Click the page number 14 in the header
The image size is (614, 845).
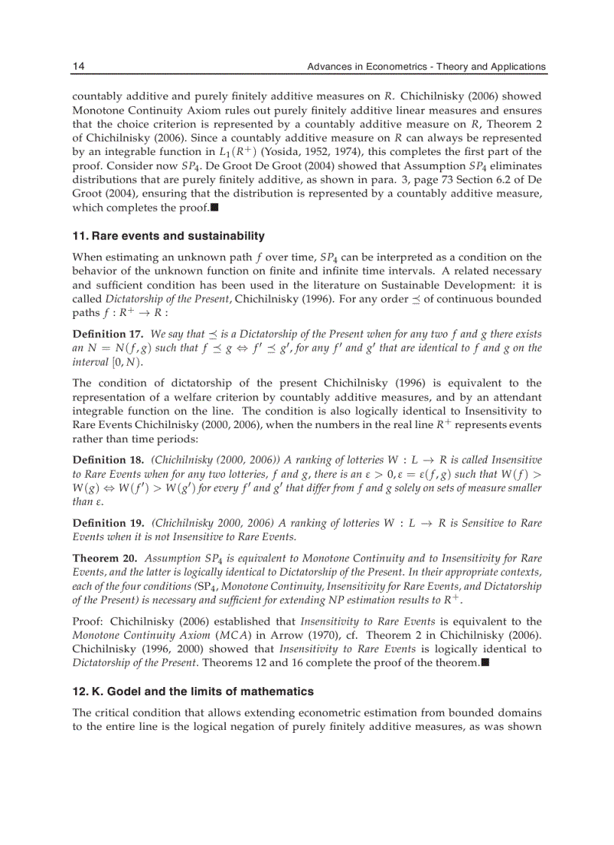click(x=78, y=66)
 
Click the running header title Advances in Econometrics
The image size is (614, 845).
click(x=427, y=66)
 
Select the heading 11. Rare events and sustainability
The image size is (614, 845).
click(x=169, y=236)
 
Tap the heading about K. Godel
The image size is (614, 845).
click(x=193, y=691)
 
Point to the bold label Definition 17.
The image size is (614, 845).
click(x=108, y=333)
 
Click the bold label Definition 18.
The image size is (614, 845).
click(x=108, y=459)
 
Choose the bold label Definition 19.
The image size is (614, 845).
click(x=108, y=523)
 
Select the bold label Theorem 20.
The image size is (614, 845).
click(x=105, y=558)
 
